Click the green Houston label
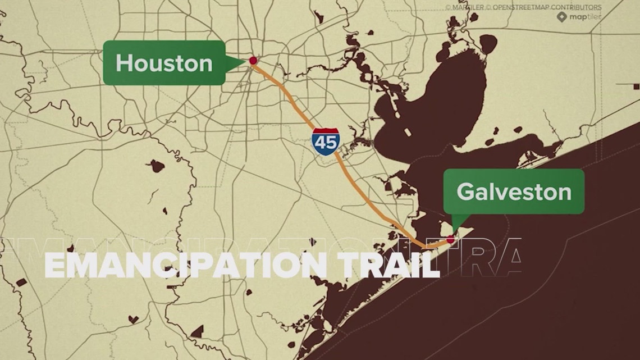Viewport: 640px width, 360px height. [x=164, y=63]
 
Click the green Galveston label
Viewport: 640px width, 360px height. [x=514, y=192]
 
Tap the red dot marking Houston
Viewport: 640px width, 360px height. [x=253, y=60]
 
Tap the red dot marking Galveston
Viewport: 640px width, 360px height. [x=450, y=239]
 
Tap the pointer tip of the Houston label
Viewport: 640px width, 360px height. [x=248, y=59]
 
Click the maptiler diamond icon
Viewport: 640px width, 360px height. [x=561, y=17]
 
